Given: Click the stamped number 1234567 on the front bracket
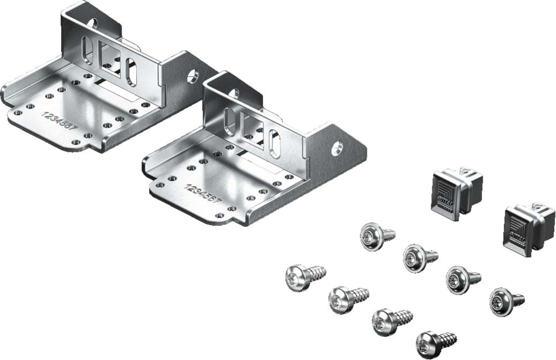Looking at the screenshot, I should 200,194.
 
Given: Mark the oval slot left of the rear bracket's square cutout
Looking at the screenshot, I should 88,54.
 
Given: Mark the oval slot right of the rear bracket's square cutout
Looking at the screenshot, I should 131,72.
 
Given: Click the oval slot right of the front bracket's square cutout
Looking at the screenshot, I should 274,143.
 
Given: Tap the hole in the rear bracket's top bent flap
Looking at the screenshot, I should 92,23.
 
